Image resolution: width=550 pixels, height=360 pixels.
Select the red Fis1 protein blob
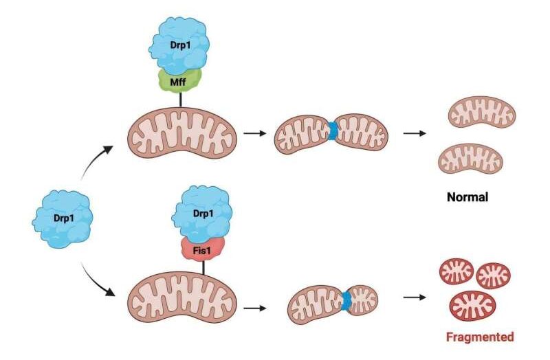point(203,249)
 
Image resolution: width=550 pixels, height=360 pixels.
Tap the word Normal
point(467,197)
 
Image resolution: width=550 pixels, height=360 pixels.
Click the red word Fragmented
point(480,337)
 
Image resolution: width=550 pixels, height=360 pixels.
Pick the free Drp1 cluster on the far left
point(63,218)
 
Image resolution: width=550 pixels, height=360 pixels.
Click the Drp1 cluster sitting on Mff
point(179,45)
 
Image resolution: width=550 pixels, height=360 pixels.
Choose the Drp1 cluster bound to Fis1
point(202,214)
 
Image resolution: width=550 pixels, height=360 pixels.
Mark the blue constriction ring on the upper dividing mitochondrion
point(332,131)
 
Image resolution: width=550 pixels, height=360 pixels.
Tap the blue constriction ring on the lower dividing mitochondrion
point(347,301)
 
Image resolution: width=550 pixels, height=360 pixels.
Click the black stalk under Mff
point(181,100)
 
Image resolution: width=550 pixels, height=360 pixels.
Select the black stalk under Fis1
point(203,268)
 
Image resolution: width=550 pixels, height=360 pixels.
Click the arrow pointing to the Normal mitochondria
point(415,133)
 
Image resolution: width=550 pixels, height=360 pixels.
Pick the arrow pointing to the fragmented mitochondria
point(415,297)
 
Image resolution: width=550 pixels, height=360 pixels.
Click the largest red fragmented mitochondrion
point(472,306)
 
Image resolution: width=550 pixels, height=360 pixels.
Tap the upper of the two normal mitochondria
point(483,112)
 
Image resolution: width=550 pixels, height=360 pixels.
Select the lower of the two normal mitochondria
point(470,159)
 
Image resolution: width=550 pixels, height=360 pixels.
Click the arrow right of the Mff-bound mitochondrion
point(255,133)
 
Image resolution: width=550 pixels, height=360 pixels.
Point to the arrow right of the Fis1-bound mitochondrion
point(255,308)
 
